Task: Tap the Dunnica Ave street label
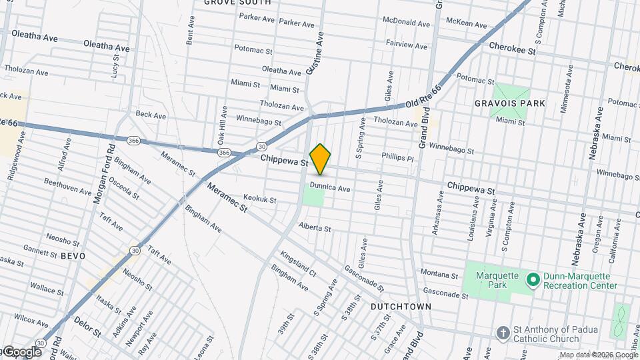pyautogui.click(x=330, y=189)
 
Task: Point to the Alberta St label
pyautogui.click(x=315, y=228)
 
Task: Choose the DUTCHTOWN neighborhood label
pyautogui.click(x=401, y=306)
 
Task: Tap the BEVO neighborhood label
pyautogui.click(x=73, y=255)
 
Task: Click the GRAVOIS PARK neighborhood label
pyautogui.click(x=510, y=103)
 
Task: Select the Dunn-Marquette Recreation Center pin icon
pyautogui.click(x=533, y=279)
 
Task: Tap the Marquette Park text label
pyautogui.click(x=491, y=279)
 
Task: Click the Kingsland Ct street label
pyautogui.click(x=298, y=263)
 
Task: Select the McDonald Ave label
pyautogui.click(x=405, y=21)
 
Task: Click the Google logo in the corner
pyautogui.click(x=21, y=352)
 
